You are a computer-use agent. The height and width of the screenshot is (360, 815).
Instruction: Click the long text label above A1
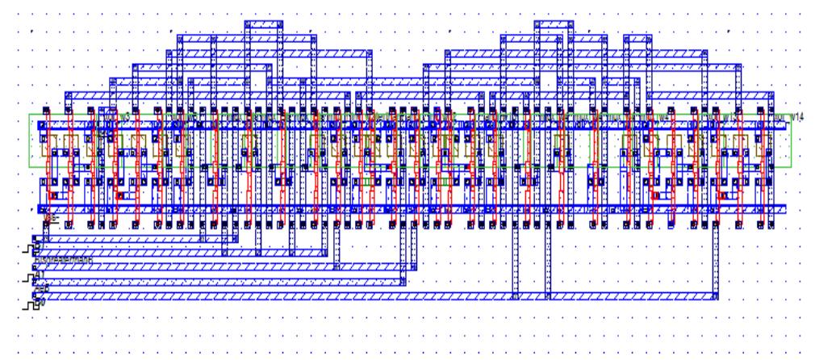65,259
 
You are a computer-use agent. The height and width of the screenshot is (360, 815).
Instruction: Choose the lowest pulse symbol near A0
31,305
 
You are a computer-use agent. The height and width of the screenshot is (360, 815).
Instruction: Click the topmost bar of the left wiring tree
264,25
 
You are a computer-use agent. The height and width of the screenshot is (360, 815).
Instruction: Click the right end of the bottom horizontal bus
713,295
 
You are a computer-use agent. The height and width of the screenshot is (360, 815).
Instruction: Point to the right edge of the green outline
791,141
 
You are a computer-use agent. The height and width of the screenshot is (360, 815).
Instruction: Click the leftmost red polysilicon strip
50,161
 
